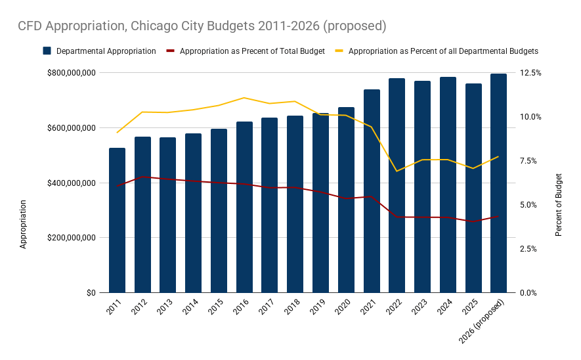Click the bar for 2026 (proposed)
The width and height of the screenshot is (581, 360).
(x=498, y=183)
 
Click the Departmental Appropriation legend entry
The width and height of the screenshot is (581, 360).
(x=99, y=51)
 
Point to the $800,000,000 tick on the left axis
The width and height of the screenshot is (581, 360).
(x=71, y=73)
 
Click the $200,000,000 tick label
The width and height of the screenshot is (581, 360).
(x=71, y=238)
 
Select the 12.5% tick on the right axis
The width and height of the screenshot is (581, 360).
(x=530, y=73)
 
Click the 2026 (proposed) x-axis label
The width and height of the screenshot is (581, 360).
(x=483, y=322)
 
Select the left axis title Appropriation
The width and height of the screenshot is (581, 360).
(x=24, y=223)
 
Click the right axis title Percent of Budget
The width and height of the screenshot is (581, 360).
(x=559, y=205)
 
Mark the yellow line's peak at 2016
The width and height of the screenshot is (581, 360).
(x=244, y=98)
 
